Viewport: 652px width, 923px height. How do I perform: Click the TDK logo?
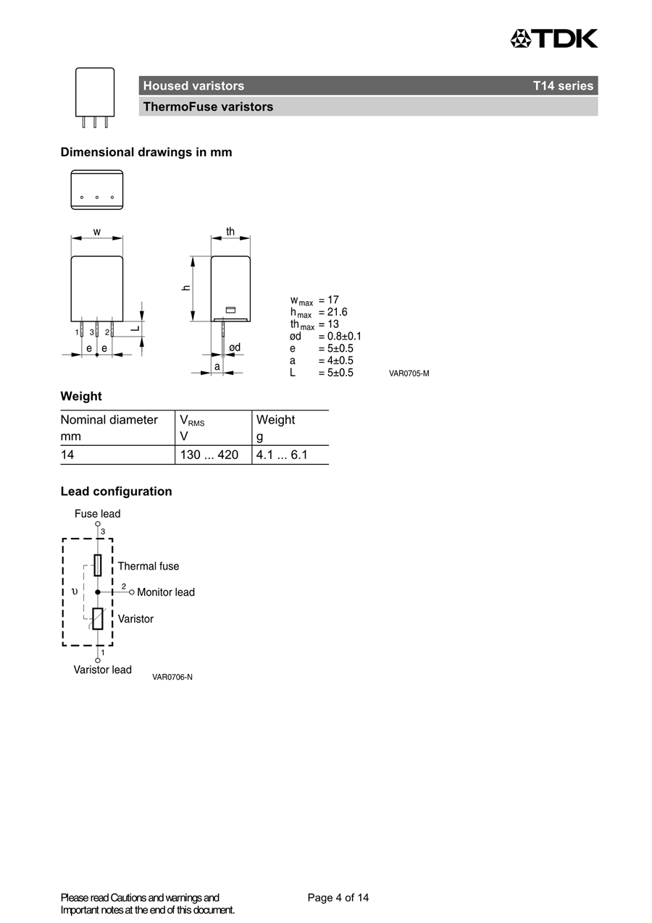(554, 38)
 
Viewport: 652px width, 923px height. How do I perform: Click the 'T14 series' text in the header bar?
(563, 86)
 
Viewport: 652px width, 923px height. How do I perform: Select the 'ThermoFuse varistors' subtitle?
(208, 107)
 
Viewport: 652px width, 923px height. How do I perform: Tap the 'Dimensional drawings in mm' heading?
(146, 152)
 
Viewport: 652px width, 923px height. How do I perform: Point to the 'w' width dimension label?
(97, 232)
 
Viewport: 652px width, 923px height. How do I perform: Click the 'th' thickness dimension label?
(230, 232)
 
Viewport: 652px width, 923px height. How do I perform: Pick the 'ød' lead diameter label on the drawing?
(235, 348)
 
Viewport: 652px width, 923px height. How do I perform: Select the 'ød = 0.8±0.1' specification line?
(325, 336)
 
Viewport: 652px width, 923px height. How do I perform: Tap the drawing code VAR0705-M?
(409, 374)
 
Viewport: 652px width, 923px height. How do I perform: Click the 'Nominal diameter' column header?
(109, 420)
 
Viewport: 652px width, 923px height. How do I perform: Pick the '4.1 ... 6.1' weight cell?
(282, 455)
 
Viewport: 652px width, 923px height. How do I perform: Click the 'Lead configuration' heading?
(117, 492)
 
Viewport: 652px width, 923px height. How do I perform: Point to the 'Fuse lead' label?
(98, 514)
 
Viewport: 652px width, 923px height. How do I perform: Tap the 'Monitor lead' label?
(166, 592)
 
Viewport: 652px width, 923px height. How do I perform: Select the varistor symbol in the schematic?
(98, 619)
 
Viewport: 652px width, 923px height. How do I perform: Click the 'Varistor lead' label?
(103, 670)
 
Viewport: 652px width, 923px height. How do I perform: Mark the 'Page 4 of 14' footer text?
(338, 898)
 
